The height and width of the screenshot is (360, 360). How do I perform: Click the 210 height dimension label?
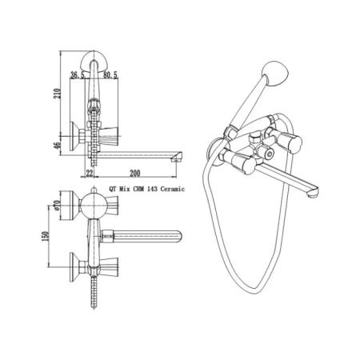click(x=58, y=94)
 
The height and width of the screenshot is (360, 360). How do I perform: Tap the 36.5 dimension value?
click(x=78, y=75)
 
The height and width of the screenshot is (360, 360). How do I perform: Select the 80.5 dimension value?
click(x=110, y=75)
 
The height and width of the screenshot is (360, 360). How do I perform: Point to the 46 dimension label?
click(x=58, y=146)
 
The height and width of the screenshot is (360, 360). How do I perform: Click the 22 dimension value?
click(x=90, y=174)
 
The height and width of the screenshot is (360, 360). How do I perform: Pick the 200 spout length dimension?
click(x=135, y=174)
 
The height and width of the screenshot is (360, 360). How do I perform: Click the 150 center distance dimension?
click(x=46, y=236)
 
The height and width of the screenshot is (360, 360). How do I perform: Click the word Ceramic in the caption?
click(x=173, y=189)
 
